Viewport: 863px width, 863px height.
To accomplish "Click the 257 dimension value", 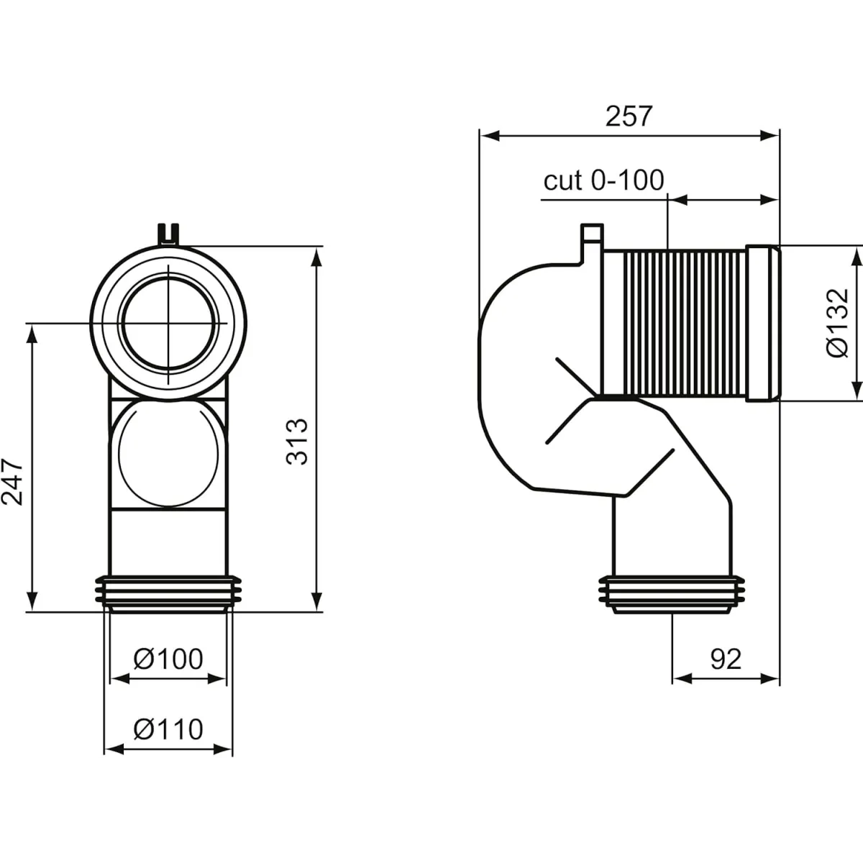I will tap(629, 116).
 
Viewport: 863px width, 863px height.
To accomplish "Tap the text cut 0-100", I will tap(603, 181).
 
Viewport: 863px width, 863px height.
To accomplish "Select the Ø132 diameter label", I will tap(838, 321).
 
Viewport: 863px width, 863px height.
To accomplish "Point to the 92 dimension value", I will tap(725, 658).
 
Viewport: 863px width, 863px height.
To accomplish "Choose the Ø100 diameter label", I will tap(168, 658).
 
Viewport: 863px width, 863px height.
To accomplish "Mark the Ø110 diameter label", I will tap(168, 729).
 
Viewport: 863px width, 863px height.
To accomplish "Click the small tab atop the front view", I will tap(168, 234).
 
